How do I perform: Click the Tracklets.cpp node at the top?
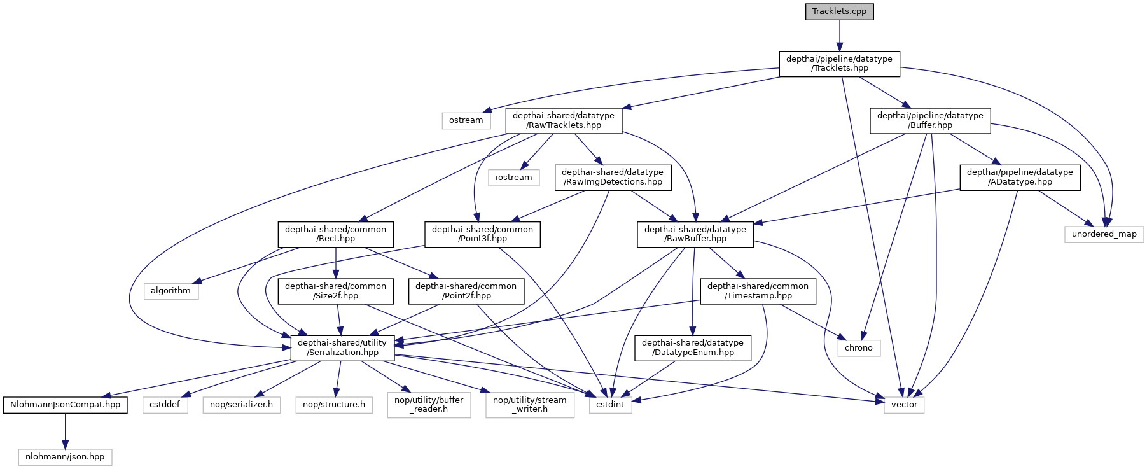pyautogui.click(x=839, y=11)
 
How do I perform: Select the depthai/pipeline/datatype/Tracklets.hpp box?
pyautogui.click(x=839, y=64)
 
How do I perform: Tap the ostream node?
pyautogui.click(x=466, y=120)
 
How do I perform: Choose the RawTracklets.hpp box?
pyautogui.click(x=563, y=120)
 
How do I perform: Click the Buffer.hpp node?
pyautogui.click(x=929, y=120)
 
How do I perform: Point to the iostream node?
pyautogui.click(x=513, y=178)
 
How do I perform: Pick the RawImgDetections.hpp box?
pyautogui.click(x=612, y=177)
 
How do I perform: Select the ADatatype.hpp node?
pyautogui.click(x=1019, y=177)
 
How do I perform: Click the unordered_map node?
pyautogui.click(x=1104, y=234)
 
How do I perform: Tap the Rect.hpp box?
pyautogui.click(x=335, y=234)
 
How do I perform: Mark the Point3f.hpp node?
pyautogui.click(x=482, y=234)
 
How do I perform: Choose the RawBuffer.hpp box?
pyautogui.click(x=695, y=234)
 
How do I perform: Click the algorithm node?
pyautogui.click(x=170, y=291)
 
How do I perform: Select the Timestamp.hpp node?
pyautogui.click(x=757, y=291)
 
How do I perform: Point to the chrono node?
pyautogui.click(x=858, y=348)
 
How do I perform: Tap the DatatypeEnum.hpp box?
pyautogui.click(x=692, y=347)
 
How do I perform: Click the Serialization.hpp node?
pyautogui.click(x=342, y=347)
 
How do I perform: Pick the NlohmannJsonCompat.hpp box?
pyautogui.click(x=65, y=405)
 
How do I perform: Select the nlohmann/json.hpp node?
pyautogui.click(x=65, y=457)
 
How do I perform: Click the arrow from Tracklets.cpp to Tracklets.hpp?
pyautogui.click(x=839, y=35)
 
